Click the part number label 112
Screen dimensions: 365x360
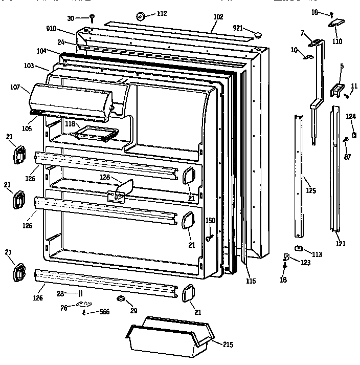click(161, 14)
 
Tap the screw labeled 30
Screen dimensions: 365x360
click(92, 18)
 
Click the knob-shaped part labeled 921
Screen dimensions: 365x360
click(258, 34)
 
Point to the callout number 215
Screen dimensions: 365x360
click(229, 345)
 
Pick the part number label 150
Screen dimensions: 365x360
click(210, 221)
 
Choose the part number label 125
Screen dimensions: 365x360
click(311, 190)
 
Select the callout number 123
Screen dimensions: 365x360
click(305, 263)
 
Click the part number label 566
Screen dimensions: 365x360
click(104, 312)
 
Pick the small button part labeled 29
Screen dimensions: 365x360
click(121, 298)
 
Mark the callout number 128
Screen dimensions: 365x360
click(105, 177)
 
